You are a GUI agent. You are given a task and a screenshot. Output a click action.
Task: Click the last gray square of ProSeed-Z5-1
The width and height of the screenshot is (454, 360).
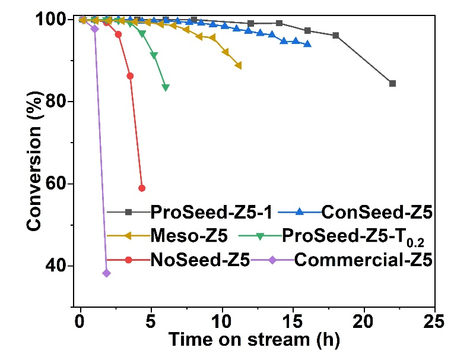tap(392, 84)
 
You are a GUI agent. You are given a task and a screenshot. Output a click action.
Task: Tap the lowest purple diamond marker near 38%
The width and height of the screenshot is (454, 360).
tap(106, 273)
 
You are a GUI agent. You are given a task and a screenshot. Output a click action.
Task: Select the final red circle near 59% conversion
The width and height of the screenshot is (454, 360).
tap(142, 188)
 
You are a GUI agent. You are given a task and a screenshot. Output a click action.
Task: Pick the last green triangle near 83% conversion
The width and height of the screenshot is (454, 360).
tap(166, 87)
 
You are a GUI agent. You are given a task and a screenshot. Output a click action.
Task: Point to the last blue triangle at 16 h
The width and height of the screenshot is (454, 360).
tap(307, 44)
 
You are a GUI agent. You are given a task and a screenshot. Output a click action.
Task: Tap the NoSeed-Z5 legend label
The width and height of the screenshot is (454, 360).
tap(191, 260)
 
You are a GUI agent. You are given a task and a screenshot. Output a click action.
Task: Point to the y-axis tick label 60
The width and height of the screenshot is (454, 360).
tap(62, 184)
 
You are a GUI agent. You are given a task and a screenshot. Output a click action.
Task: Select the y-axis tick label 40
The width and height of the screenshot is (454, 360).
tap(62, 266)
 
